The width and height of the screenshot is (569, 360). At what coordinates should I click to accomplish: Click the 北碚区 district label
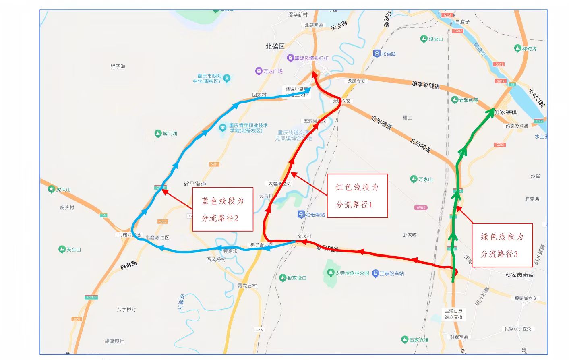[275, 47]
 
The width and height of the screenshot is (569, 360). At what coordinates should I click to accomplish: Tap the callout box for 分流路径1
[357, 196]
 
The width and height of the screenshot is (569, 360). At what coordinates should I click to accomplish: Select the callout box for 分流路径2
[222, 209]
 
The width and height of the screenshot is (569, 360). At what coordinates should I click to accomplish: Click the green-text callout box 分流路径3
[502, 245]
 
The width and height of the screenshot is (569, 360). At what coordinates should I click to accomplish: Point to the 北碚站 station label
[388, 54]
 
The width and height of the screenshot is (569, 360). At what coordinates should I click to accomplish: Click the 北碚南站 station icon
[301, 214]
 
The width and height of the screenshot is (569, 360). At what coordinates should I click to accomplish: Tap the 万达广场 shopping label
[273, 71]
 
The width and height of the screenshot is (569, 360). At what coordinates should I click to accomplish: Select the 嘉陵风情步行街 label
[311, 58]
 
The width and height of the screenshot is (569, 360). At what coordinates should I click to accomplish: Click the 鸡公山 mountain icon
[424, 39]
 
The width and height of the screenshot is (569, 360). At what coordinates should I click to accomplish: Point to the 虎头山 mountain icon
[51, 189]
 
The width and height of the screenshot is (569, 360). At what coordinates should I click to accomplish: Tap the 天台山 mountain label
[74, 250]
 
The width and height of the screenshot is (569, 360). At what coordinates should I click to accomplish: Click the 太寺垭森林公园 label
[352, 273]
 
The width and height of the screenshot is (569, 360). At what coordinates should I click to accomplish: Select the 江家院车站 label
[391, 273]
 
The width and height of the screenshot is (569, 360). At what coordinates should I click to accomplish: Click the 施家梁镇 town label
[505, 112]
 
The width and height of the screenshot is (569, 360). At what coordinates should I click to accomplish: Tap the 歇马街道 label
[195, 184]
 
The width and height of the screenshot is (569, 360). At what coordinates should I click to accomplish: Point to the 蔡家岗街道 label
[519, 275]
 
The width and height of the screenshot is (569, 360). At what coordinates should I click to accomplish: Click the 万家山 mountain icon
[413, 179]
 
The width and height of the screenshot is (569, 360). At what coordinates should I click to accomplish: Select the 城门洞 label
[170, 133]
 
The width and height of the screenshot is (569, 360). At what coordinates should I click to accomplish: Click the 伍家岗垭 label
[419, 340]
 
